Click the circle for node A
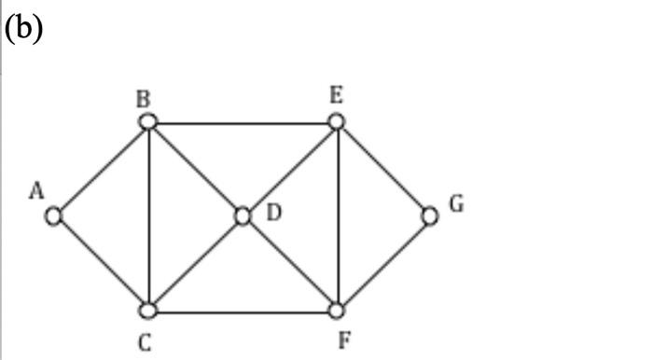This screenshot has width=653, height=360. [x=54, y=216]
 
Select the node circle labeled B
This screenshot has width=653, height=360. [x=147, y=122]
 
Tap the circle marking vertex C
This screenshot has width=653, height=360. [x=148, y=311]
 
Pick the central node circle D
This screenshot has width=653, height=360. [x=243, y=216]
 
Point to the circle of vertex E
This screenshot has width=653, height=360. [x=337, y=122]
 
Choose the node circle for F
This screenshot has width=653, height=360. [x=337, y=311]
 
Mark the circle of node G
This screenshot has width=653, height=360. [x=430, y=216]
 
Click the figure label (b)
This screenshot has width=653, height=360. [x=24, y=27]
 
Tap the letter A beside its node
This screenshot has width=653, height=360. [x=36, y=191]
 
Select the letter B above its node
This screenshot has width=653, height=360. [x=145, y=98]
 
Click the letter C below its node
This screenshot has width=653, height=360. [x=145, y=342]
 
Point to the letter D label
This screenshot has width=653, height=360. [x=273, y=213]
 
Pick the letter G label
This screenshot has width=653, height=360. [x=456, y=203]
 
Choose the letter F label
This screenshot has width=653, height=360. [x=344, y=340]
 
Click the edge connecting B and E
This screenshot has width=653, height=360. [x=243, y=122]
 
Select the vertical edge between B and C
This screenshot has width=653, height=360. [x=148, y=216]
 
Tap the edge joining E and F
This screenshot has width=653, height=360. [x=337, y=216]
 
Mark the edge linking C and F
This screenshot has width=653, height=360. [x=243, y=311]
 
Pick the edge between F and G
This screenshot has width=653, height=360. [x=383, y=264]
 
